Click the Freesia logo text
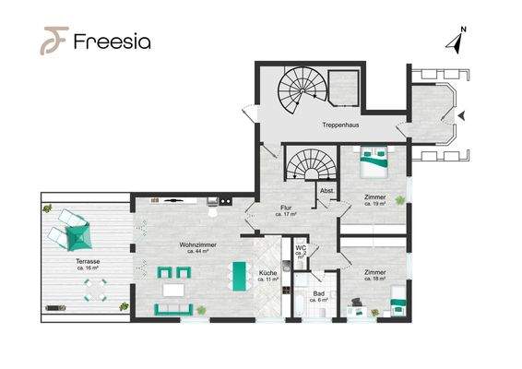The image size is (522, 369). point(113,42)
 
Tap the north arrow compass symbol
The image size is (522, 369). point(457,40)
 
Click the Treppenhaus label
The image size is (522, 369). point(340,125)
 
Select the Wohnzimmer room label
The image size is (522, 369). point(197,244)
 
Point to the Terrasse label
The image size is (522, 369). point(88,261)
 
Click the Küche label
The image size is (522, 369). point(268,273)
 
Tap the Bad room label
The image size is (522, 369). point(319,293)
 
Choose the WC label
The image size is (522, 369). point(301,248)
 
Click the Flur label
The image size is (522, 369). point(286,208)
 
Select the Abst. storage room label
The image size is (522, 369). point(326,191)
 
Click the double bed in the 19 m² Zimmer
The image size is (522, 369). point(374,161)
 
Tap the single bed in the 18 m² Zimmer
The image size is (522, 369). point(398,301)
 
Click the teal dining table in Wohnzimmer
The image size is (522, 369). point(239,276)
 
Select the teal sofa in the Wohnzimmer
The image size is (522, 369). point(173,309)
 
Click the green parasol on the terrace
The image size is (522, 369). point(79,236)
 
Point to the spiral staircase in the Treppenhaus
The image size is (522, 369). point(303,90)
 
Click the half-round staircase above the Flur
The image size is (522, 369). point(312,165)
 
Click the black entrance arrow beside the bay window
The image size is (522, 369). point(461,116)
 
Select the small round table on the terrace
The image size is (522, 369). point(96,290)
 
